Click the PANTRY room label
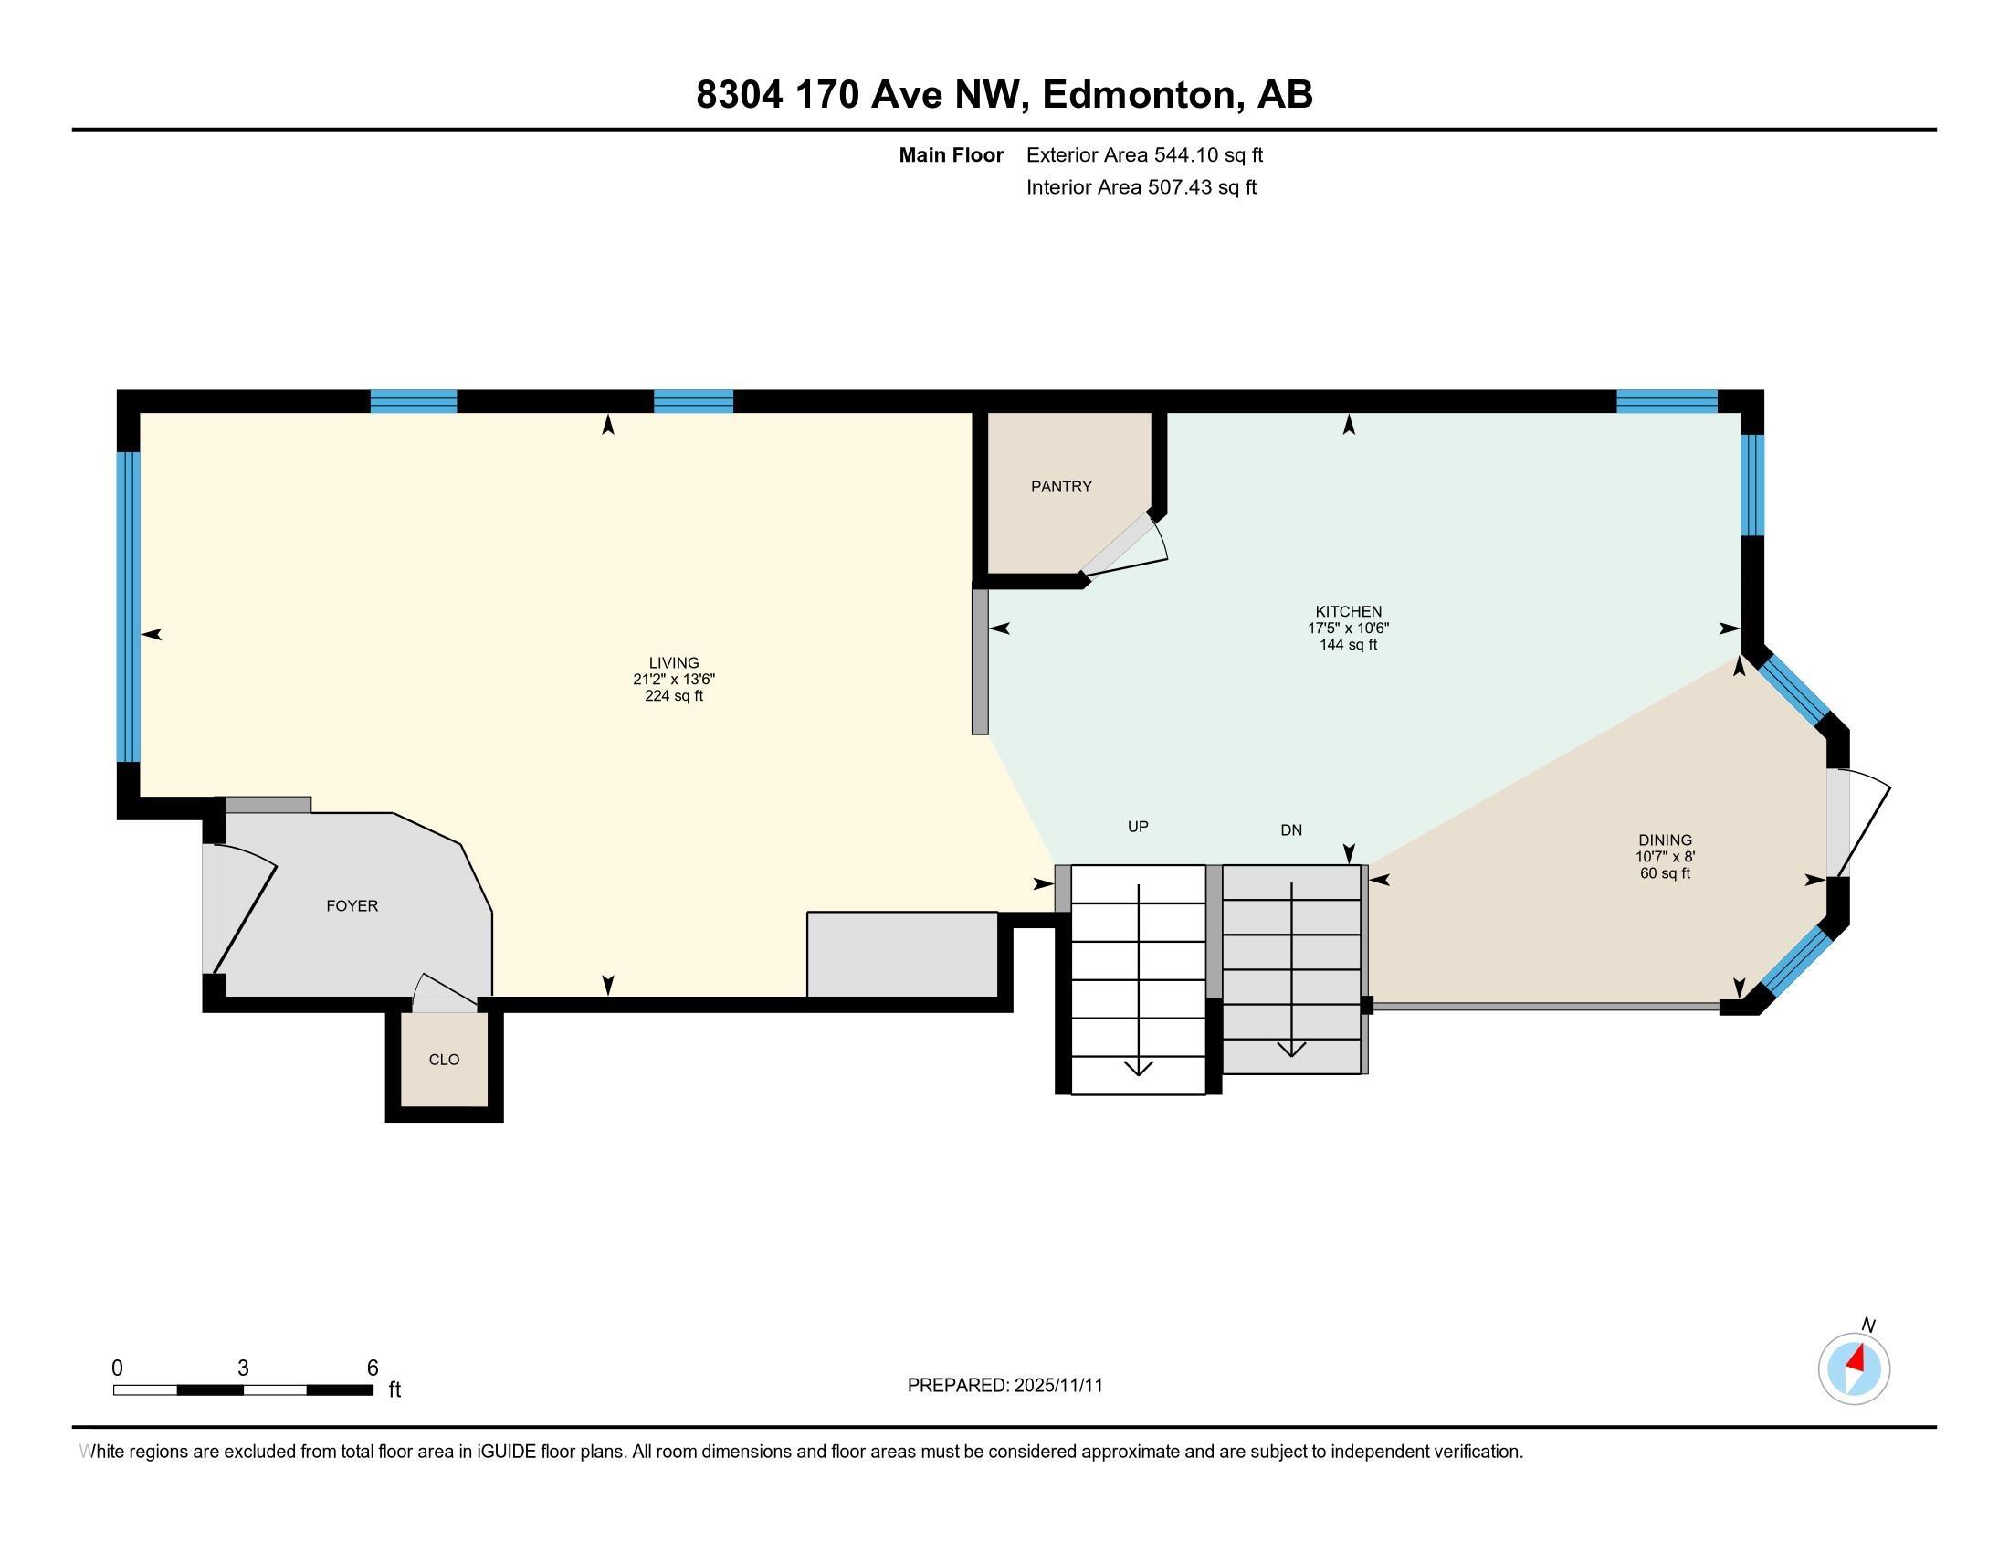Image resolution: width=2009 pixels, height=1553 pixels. coord(1060,487)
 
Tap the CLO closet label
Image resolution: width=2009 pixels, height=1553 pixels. coord(444,1060)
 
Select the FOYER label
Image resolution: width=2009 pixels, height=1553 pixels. coord(352,906)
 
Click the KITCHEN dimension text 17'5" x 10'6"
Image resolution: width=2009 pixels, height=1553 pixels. coord(1348,629)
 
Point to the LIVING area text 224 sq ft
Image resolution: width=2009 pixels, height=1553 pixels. coord(673,696)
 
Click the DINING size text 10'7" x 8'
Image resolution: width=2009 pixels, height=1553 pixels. coord(1664,857)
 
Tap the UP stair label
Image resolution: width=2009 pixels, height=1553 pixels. coord(1138,827)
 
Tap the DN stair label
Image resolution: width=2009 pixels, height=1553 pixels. coord(1290,829)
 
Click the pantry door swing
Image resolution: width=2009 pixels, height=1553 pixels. coord(1127,544)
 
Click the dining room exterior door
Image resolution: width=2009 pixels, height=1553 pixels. coord(1860,823)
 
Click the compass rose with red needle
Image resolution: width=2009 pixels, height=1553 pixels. coord(1854,1368)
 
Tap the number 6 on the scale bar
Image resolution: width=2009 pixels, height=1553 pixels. coord(373,1368)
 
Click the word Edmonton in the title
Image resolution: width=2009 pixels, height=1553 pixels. coord(1139,95)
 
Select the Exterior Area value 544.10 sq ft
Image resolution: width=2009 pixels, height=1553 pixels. coord(1208,155)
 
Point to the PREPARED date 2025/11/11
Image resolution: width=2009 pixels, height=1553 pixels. coord(1057,1386)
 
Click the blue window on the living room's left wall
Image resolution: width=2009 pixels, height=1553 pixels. coord(128,607)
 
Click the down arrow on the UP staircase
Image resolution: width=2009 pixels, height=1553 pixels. coord(1139,1067)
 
